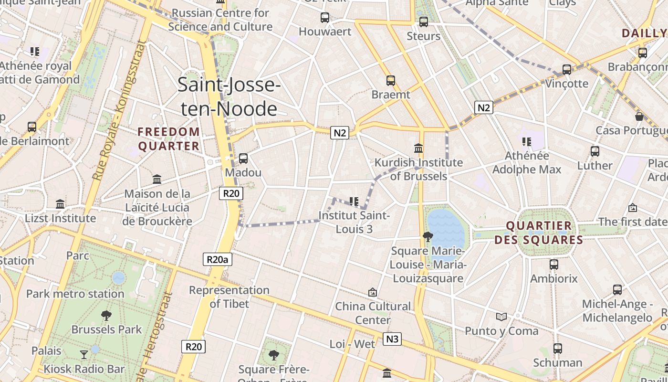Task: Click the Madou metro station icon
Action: point(243,158)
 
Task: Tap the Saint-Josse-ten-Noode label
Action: point(229,96)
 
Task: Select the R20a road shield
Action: point(218,259)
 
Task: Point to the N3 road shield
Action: point(392,339)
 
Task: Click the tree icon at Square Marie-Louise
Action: point(428,236)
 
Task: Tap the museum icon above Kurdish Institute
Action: point(419,148)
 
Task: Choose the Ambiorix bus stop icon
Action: point(554,264)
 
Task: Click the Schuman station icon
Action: point(557,349)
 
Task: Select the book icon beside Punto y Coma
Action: point(501,317)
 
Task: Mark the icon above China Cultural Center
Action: point(373,292)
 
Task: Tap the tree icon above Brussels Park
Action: point(106,315)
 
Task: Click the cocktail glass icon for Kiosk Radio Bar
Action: point(84,354)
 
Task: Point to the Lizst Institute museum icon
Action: point(60,204)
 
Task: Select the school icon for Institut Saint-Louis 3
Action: point(354,202)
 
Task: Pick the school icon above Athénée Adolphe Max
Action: point(527,141)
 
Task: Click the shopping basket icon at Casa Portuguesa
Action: point(639,116)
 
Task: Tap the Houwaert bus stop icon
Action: point(325,18)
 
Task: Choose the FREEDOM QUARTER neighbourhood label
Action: point(169,138)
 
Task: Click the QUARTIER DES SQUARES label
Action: point(539,233)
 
